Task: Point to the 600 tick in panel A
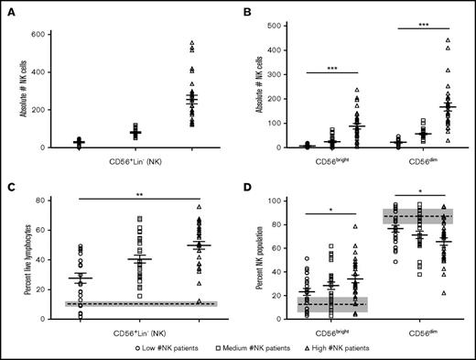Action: pos(42,35)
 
